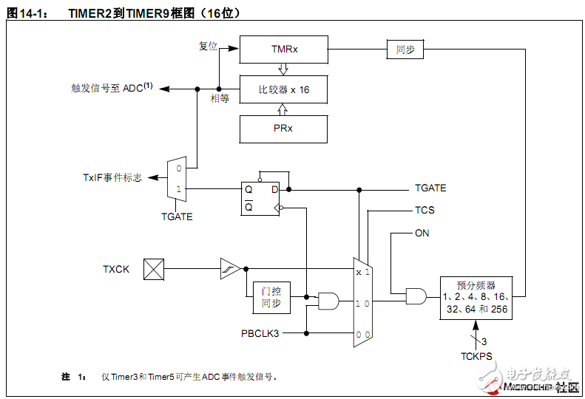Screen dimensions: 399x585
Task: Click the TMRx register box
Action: click(283, 50)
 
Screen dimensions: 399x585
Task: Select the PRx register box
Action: click(283, 129)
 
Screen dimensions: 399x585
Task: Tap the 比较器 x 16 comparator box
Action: click(283, 89)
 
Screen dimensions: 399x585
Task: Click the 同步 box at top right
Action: click(405, 50)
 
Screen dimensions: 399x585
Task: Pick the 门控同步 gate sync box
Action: click(271, 297)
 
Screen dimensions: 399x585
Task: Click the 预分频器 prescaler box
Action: click(476, 297)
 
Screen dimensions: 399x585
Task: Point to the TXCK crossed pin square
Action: click(154, 269)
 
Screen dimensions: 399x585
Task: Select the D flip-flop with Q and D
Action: click(261, 198)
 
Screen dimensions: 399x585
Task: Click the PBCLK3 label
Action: click(261, 333)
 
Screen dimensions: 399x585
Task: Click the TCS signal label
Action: click(425, 211)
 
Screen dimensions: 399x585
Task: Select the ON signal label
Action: click(422, 233)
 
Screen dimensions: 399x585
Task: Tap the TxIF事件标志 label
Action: click(112, 178)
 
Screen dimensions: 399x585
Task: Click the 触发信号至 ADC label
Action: click(112, 88)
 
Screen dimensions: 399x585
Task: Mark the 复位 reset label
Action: click(208, 46)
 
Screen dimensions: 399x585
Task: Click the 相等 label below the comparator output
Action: click(220, 98)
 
